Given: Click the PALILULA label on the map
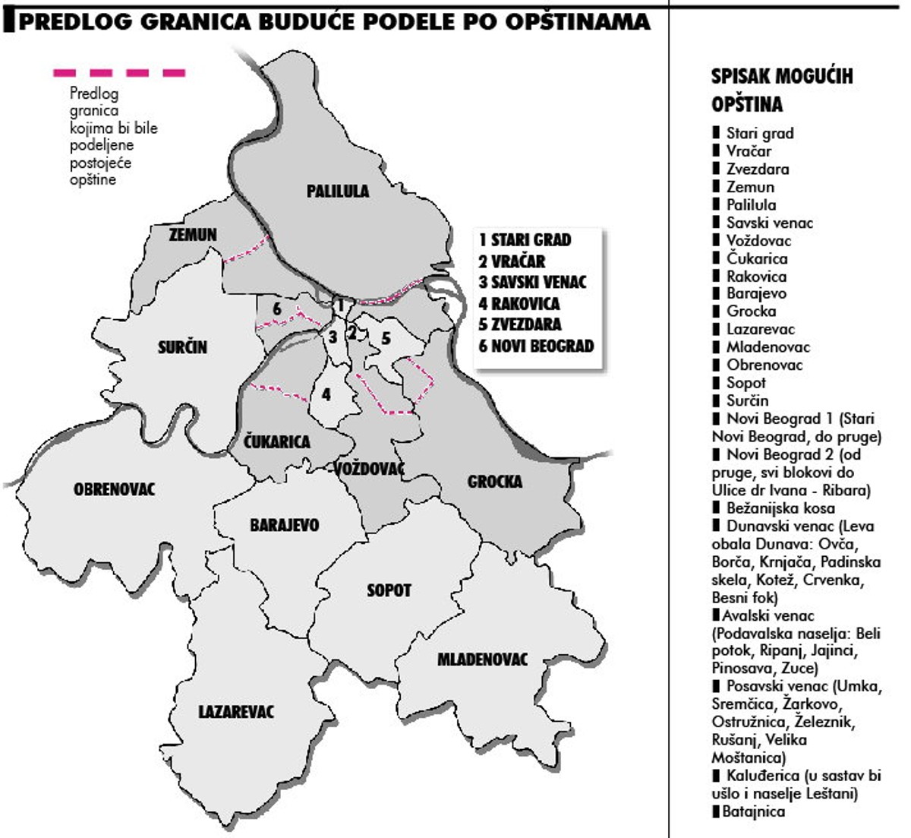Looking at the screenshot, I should (x=338, y=191).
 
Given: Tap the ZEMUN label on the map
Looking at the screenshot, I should (x=193, y=235).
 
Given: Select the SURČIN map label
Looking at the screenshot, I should (x=182, y=347).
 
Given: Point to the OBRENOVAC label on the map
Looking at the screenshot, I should (x=114, y=489).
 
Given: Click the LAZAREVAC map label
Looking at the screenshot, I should (x=236, y=712).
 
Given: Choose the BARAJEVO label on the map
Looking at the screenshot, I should (x=285, y=525).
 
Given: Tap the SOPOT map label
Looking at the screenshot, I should (x=389, y=590).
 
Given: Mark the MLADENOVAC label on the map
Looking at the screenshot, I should (x=482, y=659).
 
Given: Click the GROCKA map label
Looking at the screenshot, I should (x=495, y=481).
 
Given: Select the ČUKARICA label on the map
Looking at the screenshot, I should (x=277, y=441).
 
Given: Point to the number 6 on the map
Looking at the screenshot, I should (x=277, y=309).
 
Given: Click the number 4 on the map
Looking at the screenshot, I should (x=326, y=395).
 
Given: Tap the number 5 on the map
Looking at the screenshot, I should (x=386, y=338).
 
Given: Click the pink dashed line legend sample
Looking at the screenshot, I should (x=119, y=73).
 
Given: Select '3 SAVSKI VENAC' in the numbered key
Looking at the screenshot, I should (x=533, y=282).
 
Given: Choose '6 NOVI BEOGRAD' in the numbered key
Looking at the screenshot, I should (x=536, y=346).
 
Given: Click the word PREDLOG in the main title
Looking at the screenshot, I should (x=71, y=21).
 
